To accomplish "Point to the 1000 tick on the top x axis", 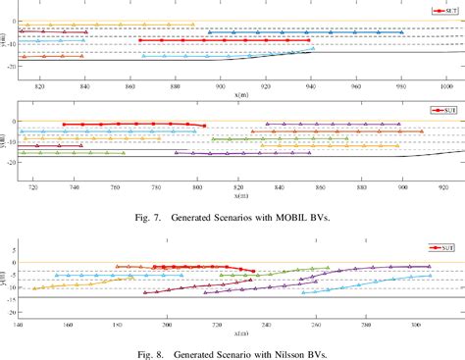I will coord(446,86).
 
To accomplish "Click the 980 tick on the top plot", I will coord(401,86).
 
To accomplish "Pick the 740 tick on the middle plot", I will coord(76,186).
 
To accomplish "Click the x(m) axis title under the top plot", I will coord(233,95).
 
